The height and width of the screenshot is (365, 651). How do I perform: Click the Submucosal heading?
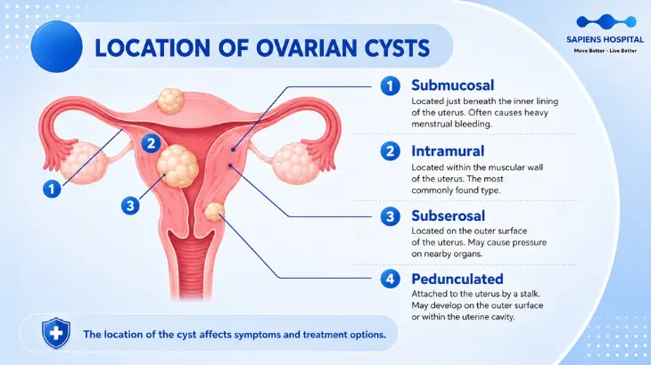tap(452, 85)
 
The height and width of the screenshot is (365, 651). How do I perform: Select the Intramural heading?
tap(448, 150)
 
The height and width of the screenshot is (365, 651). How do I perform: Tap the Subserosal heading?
tap(448, 215)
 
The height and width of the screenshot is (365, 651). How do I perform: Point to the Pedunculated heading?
tap(457, 279)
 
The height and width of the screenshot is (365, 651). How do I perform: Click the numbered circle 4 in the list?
tap(391, 279)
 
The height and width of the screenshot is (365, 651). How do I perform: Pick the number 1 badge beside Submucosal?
tap(391, 85)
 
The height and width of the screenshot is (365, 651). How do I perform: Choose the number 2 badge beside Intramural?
tap(391, 151)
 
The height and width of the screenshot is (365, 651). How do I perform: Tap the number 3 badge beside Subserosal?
tap(391, 216)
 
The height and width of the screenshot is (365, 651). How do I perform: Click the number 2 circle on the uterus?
tap(151, 143)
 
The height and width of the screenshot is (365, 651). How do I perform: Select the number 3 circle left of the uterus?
tap(130, 206)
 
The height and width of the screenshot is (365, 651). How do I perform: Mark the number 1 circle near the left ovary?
tap(52, 189)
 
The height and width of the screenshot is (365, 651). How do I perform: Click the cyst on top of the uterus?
tap(170, 101)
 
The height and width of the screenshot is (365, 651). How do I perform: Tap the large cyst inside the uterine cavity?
tap(177, 166)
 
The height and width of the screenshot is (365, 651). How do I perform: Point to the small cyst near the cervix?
tap(214, 212)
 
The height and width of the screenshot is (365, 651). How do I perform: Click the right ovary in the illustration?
tap(295, 164)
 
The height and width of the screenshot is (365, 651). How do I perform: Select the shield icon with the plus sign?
tap(56, 333)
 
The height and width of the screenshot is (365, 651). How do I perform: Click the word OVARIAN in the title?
tap(306, 48)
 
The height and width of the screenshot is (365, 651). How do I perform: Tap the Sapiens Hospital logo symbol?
tap(606, 21)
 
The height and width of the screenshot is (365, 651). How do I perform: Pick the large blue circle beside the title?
tap(56, 46)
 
